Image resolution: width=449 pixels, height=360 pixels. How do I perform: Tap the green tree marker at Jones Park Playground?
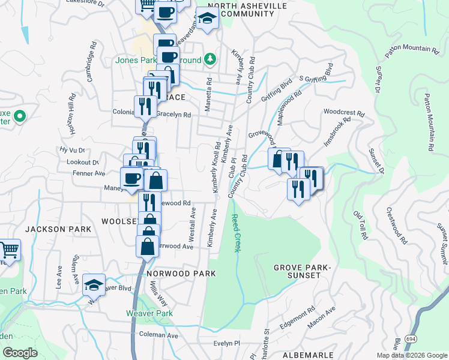point(209,59)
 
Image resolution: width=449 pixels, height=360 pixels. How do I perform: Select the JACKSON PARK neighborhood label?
point(58,229)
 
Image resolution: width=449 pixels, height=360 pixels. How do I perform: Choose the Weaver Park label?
point(149,313)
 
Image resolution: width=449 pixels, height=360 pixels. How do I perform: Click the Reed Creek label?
point(236,233)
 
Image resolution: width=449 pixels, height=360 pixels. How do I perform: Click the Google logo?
point(20,353)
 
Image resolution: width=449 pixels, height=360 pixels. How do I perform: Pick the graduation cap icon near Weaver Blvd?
point(94,284)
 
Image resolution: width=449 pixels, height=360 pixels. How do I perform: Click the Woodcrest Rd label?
point(343,112)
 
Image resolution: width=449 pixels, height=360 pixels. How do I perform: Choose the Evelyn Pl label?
point(227,344)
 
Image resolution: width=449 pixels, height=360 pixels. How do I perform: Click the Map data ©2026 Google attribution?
point(412,355)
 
